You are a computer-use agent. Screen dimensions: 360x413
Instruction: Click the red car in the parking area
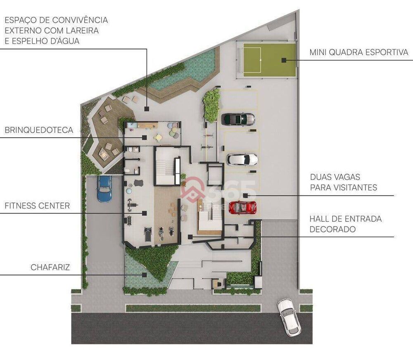pos(242,207)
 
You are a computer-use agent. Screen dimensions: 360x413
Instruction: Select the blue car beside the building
pos(104,189)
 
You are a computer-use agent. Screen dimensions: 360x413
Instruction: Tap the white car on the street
pos(289,317)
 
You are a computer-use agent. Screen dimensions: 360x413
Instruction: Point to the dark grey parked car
pos(238,119)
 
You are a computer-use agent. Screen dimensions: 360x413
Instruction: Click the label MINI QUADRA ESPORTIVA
pos(359,52)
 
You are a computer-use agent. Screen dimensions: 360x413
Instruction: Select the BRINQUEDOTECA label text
pos(39,130)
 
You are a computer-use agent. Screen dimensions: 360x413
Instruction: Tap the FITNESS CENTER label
pos(37,206)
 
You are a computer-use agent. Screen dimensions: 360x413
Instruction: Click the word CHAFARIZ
pos(50,268)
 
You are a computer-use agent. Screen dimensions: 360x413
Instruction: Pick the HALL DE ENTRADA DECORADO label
pos(345,224)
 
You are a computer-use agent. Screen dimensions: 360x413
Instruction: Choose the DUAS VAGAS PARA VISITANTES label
pos(344,182)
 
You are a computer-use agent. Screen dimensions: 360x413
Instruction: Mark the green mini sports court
pos(269,60)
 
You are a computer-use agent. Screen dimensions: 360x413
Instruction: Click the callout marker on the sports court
pos(284,60)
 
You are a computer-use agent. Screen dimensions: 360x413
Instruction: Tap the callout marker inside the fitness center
pos(145,213)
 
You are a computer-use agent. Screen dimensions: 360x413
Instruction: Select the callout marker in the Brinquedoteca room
pos(145,137)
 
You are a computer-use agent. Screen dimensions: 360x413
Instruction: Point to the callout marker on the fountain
pos(145,274)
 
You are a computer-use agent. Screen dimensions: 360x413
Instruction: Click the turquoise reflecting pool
pos(194,70)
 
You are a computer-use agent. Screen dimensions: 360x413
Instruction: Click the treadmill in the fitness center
pos(147,235)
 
